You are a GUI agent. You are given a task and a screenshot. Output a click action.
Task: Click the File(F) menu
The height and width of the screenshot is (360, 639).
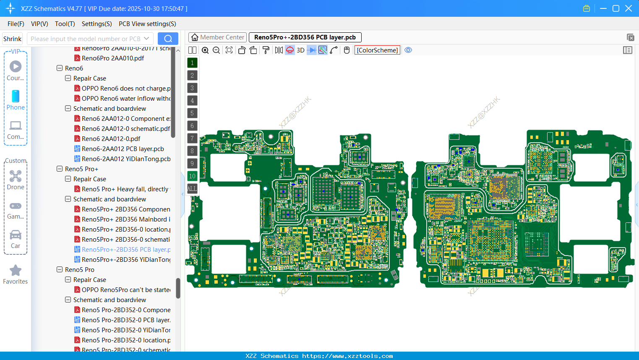[x=16, y=24]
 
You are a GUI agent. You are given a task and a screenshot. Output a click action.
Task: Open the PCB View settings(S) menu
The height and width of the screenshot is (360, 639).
[x=147, y=24]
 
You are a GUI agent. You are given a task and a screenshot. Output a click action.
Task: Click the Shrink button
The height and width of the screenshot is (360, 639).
[x=13, y=39]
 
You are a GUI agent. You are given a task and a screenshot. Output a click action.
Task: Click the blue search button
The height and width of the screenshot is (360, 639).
[x=168, y=39]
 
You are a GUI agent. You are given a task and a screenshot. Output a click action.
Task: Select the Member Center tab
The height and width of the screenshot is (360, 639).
[x=217, y=37]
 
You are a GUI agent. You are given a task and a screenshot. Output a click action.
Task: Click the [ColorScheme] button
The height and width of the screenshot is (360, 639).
[x=377, y=50]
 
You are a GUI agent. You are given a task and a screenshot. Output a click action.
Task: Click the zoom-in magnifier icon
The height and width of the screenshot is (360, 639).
[x=205, y=50]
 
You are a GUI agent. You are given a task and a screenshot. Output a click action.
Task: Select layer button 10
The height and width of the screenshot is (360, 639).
[x=192, y=176]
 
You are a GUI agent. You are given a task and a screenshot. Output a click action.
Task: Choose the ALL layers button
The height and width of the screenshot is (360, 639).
[x=192, y=189]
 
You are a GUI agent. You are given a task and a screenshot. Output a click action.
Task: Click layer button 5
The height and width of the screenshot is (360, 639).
[x=192, y=113]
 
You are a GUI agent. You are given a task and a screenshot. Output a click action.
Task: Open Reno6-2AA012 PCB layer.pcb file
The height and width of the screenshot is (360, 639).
[x=123, y=149]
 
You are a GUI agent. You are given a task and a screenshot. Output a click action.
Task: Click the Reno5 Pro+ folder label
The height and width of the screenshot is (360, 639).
[x=81, y=169]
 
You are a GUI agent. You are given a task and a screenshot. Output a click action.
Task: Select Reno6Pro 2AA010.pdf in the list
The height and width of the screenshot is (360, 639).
[x=112, y=58]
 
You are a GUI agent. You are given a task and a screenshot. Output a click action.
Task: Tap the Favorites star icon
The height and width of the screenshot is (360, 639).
[x=16, y=271]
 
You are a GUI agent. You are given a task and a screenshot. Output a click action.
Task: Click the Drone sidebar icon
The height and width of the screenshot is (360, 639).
[x=16, y=176]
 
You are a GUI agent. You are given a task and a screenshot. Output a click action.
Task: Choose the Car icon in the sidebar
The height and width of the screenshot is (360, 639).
[x=16, y=235]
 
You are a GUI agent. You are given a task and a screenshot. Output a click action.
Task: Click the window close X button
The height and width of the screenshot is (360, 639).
[x=629, y=8]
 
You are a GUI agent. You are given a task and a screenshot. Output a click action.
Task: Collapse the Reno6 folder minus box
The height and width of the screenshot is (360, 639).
[x=60, y=68]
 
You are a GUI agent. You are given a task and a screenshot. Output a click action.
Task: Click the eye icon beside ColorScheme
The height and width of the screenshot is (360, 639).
[x=408, y=50]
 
